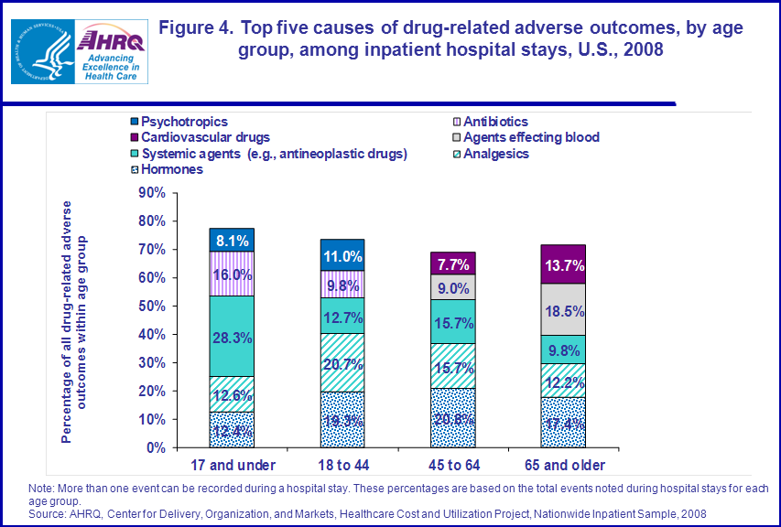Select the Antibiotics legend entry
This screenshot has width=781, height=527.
click(x=494, y=121)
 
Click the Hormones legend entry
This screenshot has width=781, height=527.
click(x=166, y=169)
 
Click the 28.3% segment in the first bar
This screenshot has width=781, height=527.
click(x=232, y=336)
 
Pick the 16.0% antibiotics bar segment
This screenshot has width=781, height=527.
click(x=232, y=274)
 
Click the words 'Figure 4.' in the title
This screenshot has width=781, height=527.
click(x=196, y=28)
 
